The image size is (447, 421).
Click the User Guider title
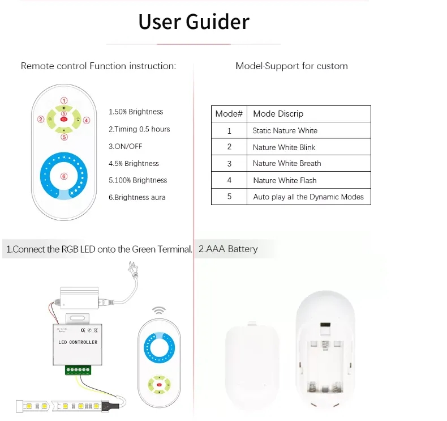(x=194, y=22)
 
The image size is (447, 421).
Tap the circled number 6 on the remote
(x=64, y=176)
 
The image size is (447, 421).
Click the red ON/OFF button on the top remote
(x=64, y=120)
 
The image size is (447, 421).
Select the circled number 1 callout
(x=64, y=101)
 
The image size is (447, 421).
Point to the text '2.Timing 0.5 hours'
(x=139, y=129)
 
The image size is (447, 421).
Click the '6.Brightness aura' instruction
(x=137, y=198)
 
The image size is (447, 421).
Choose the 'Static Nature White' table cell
(x=285, y=131)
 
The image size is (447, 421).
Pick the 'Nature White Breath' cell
(x=287, y=164)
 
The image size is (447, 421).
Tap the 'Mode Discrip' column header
(x=278, y=114)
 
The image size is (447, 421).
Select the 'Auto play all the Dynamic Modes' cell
(x=308, y=197)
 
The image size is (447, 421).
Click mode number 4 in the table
(x=229, y=180)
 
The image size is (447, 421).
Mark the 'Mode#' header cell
(x=229, y=114)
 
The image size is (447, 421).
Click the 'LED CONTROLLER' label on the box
(x=78, y=342)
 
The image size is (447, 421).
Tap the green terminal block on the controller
(x=78, y=370)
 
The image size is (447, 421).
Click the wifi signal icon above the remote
(x=159, y=311)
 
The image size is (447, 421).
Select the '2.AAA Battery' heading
(x=228, y=249)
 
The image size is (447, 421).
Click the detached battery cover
(x=251, y=365)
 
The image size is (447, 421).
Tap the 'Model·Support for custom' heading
(x=291, y=66)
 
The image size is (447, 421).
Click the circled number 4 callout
(x=87, y=120)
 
